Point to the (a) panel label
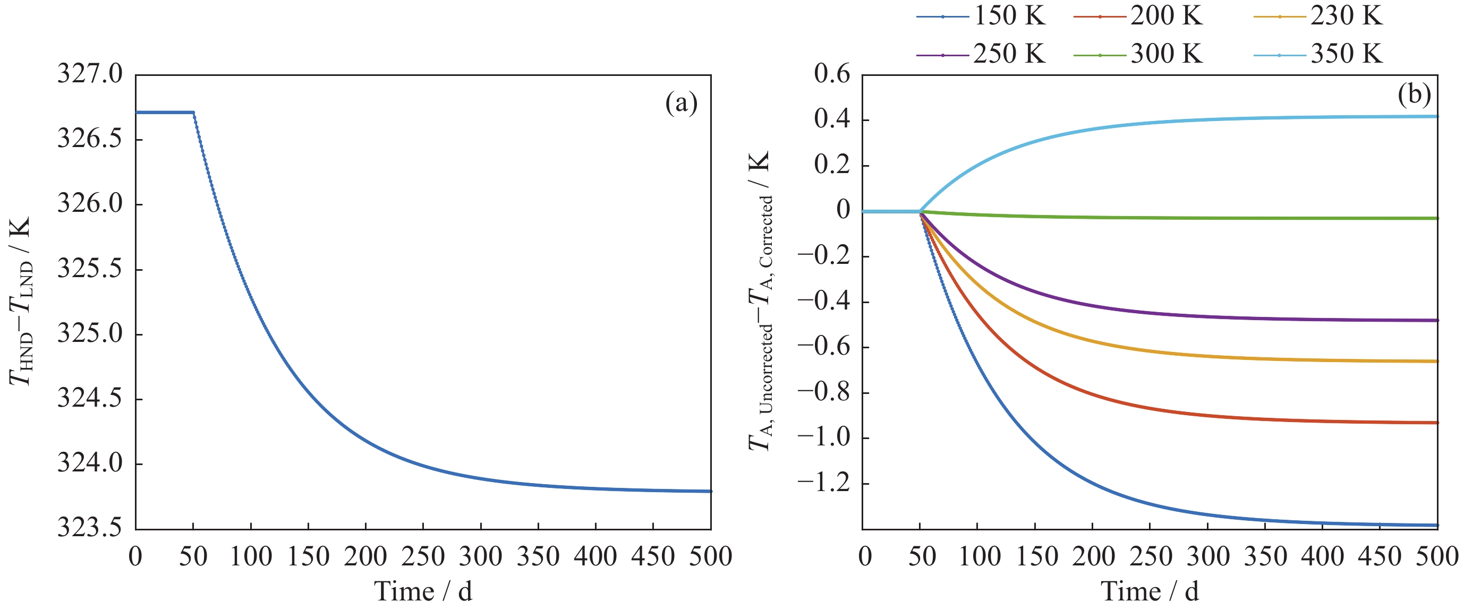pos(681,104)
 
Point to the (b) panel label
pos(1414,95)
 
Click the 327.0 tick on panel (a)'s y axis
pos(90,74)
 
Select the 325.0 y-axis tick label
pos(90,334)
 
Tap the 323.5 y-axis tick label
pos(90,529)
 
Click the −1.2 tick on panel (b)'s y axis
pos(824,483)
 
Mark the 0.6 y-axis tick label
pos(832,74)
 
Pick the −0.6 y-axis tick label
pos(824,347)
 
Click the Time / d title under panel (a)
pos(423,592)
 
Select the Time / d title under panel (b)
pos(1150,592)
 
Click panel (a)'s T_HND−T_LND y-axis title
pos(21,301)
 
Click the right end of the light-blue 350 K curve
pos(1437,116)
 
